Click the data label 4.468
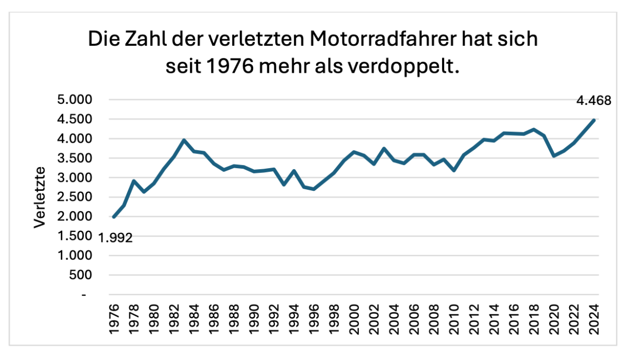(593, 100)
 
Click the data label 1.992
(116, 238)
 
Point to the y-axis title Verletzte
(40, 198)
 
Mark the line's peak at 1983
(184, 140)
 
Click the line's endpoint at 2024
(594, 120)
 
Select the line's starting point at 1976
(114, 217)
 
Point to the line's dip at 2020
(554, 156)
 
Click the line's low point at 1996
(314, 189)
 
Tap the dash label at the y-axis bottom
(84, 295)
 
